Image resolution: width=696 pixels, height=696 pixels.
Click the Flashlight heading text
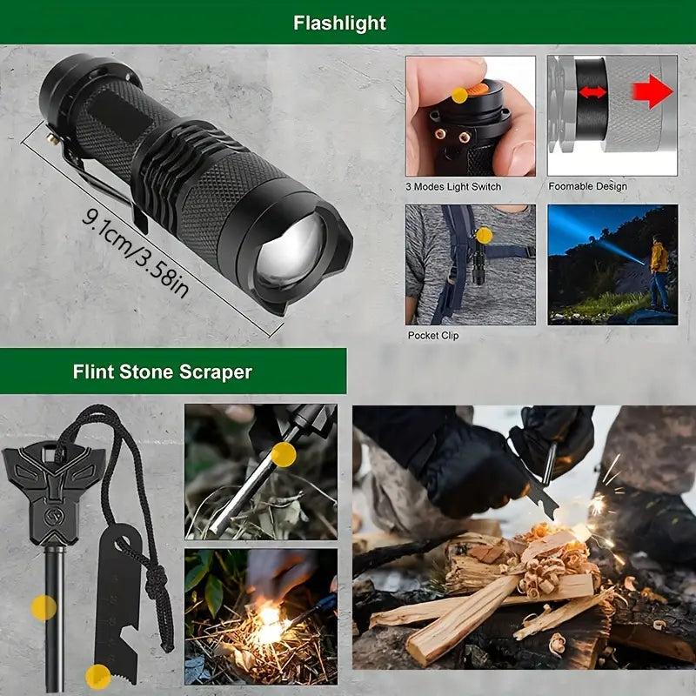[339, 23]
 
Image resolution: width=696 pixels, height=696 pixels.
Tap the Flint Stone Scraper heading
[163, 371]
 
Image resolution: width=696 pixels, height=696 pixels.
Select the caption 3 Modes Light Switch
[453, 187]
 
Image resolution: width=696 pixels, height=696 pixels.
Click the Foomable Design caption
[588, 186]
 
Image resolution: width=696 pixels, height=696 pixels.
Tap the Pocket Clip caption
[432, 336]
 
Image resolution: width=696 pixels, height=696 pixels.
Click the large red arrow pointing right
[652, 91]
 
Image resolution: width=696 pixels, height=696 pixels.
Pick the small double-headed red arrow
[592, 92]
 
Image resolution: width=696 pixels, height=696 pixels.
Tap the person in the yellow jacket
[659, 271]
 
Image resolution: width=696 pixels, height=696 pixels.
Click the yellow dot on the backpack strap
[484, 235]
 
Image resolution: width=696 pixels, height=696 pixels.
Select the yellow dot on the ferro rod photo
[284, 454]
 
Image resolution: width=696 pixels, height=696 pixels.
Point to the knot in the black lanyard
[157, 581]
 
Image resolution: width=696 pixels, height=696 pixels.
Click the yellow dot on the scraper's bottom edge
[98, 677]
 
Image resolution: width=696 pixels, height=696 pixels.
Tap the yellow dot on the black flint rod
[44, 608]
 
